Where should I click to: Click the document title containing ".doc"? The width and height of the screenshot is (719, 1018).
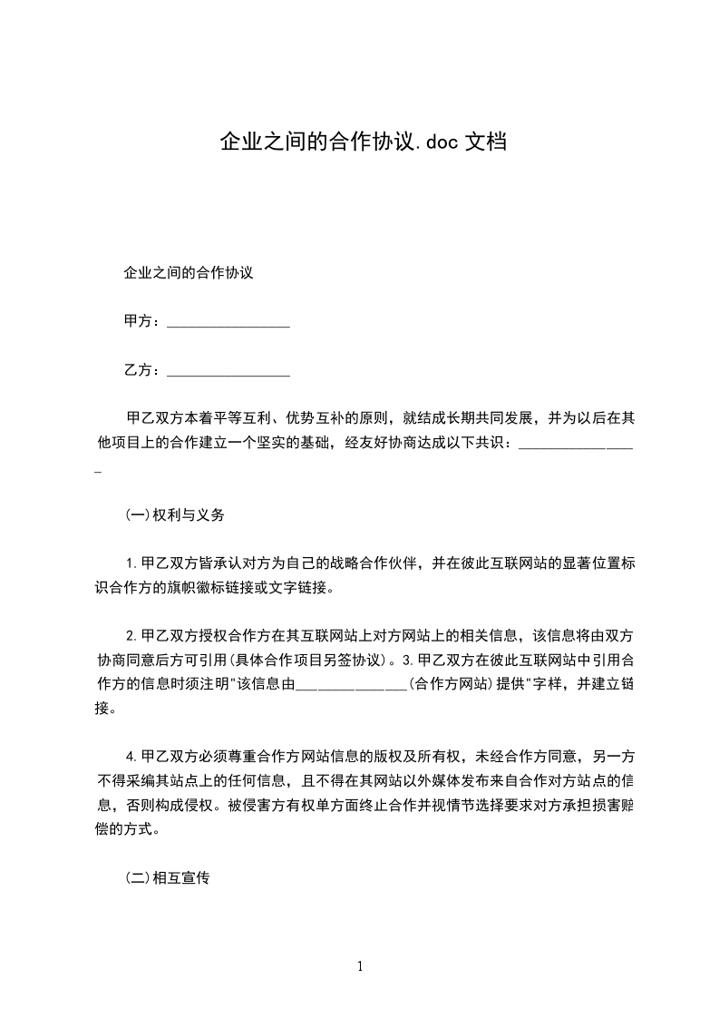point(363,142)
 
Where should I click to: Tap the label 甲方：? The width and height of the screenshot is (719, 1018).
point(144,321)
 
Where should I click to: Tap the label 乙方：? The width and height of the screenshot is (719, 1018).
point(144,369)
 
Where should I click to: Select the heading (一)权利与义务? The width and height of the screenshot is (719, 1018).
point(174,514)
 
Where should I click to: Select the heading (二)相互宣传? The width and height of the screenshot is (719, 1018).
point(167,878)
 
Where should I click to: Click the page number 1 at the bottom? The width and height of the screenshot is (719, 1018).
point(360,965)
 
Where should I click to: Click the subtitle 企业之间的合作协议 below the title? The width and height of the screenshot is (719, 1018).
point(187,272)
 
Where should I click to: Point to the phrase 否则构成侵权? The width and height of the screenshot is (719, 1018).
point(166,804)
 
